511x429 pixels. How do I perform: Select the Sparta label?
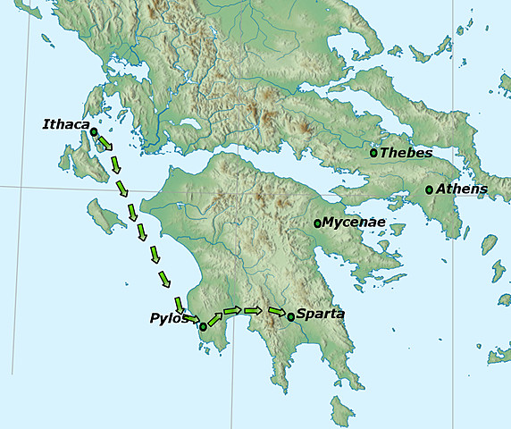point(319,315)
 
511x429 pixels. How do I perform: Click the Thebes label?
point(406,153)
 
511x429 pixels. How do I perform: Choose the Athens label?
point(461,189)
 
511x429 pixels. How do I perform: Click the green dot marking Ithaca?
point(94,131)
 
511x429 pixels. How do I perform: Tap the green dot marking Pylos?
point(203,326)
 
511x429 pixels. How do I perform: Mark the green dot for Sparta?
point(290,315)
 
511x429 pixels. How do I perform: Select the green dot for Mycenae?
point(317,223)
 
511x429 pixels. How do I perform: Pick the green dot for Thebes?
point(374,153)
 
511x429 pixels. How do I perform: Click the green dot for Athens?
point(429,189)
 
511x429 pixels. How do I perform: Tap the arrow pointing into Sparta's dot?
point(276,311)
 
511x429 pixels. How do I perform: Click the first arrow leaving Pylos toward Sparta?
point(214,319)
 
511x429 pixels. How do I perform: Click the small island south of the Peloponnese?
point(340,412)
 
